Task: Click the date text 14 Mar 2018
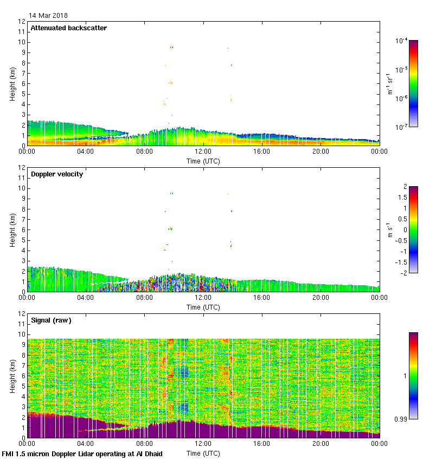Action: [x=49, y=16]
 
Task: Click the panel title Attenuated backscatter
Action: [x=69, y=28]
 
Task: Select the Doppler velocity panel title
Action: [x=57, y=174]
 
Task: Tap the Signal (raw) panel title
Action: [x=52, y=320]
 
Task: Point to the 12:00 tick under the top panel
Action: [x=203, y=152]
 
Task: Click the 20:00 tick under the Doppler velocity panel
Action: [x=321, y=298]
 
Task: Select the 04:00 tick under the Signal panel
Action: [x=86, y=444]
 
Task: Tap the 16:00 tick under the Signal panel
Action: [x=262, y=444]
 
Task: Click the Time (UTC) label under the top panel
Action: [x=203, y=161]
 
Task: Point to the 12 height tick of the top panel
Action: [x=22, y=22]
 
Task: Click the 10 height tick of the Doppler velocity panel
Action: [x=22, y=188]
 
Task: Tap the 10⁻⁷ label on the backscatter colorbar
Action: [x=401, y=127]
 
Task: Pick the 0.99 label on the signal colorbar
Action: [x=402, y=419]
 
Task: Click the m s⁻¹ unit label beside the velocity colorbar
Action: [x=390, y=230]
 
